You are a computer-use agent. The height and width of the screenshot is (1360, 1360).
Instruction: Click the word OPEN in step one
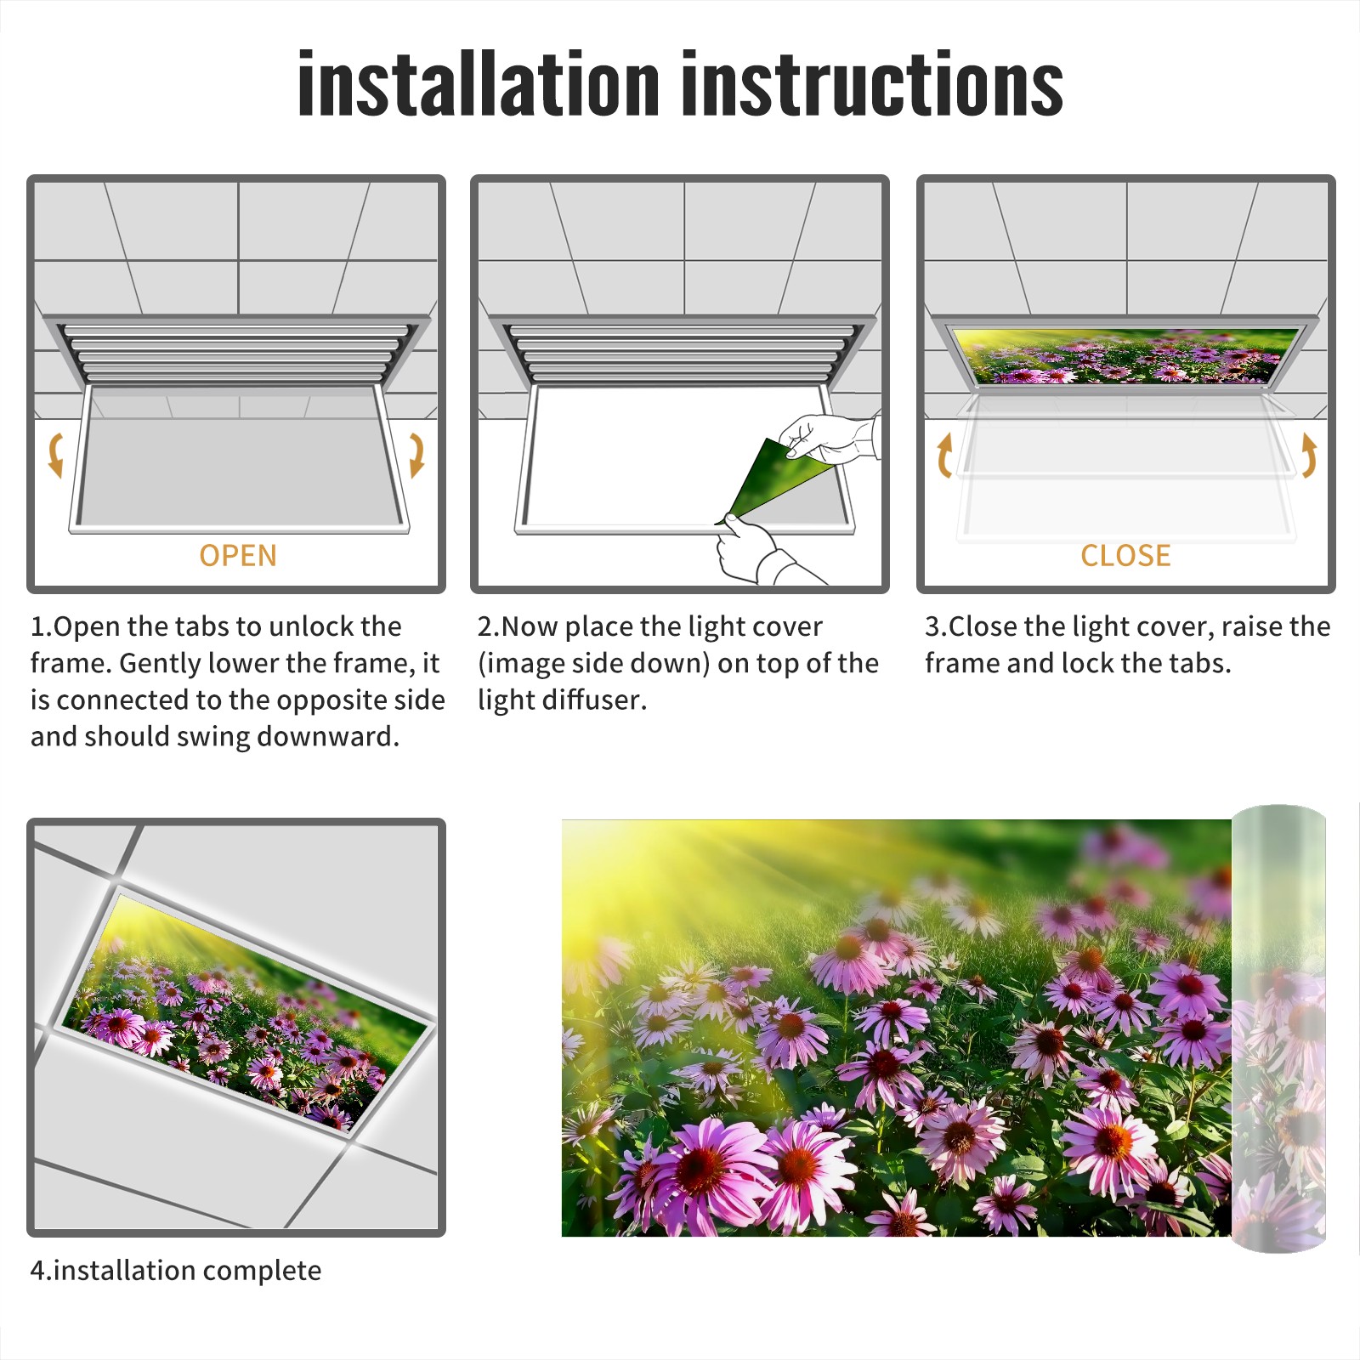238,556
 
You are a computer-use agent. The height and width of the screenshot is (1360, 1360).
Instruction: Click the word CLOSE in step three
1125,556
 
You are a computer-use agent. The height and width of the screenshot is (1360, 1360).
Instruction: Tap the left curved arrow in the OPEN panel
55,455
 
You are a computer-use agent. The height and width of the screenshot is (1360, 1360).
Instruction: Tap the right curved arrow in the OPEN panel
416,455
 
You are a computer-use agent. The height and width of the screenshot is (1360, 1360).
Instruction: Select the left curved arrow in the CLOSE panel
943,456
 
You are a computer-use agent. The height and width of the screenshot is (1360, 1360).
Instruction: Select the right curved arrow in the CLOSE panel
1309,456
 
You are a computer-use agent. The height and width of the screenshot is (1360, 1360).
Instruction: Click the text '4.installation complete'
176,1270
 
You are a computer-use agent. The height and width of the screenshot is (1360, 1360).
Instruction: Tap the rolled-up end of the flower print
1278,1028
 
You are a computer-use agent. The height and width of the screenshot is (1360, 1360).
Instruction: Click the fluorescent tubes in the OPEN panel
235,353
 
